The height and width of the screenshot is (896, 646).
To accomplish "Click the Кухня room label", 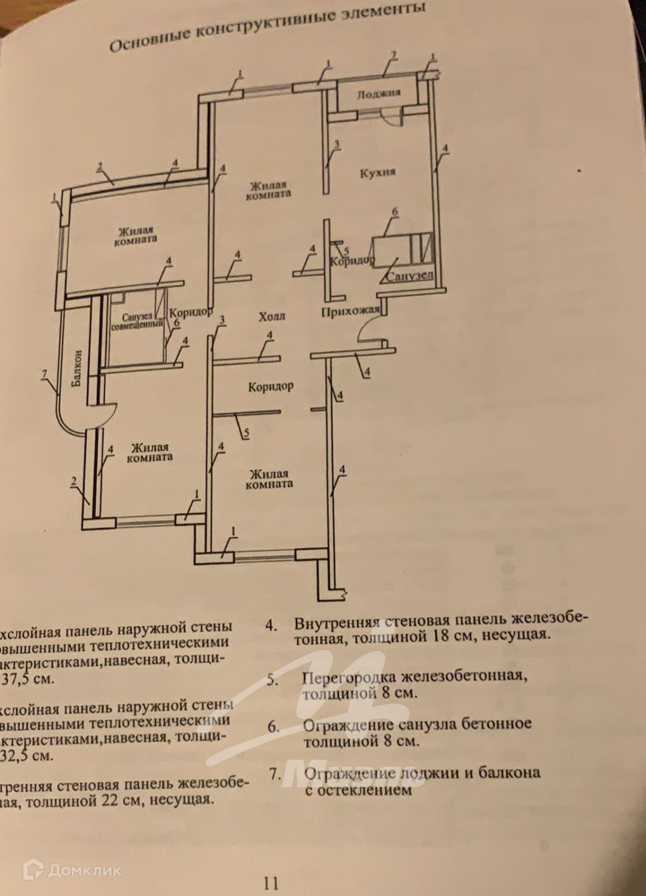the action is (377, 173).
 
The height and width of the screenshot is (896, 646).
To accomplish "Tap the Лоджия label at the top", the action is (378, 94).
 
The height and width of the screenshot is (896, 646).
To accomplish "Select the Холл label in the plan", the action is (272, 316).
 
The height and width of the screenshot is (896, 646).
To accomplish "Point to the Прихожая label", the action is (350, 311).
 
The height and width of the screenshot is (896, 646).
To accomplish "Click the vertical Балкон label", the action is (77, 368).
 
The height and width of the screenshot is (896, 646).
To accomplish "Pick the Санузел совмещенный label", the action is (137, 321).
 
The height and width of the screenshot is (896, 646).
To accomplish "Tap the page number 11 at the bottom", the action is (271, 882).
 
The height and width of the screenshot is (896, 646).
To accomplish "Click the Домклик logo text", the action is (84, 870).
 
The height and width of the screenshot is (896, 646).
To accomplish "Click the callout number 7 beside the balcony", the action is (44, 375).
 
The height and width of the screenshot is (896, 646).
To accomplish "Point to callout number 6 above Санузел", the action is (394, 211).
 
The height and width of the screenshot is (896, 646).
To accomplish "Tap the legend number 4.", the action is (271, 625).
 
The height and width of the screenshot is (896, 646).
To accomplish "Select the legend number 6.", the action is (273, 727).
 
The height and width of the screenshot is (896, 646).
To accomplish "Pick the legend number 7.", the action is (275, 774).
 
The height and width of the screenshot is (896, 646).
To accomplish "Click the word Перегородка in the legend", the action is (349, 678).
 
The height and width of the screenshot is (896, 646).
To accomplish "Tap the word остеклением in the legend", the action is (365, 790).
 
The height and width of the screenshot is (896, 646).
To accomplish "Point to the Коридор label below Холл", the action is (271, 387).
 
